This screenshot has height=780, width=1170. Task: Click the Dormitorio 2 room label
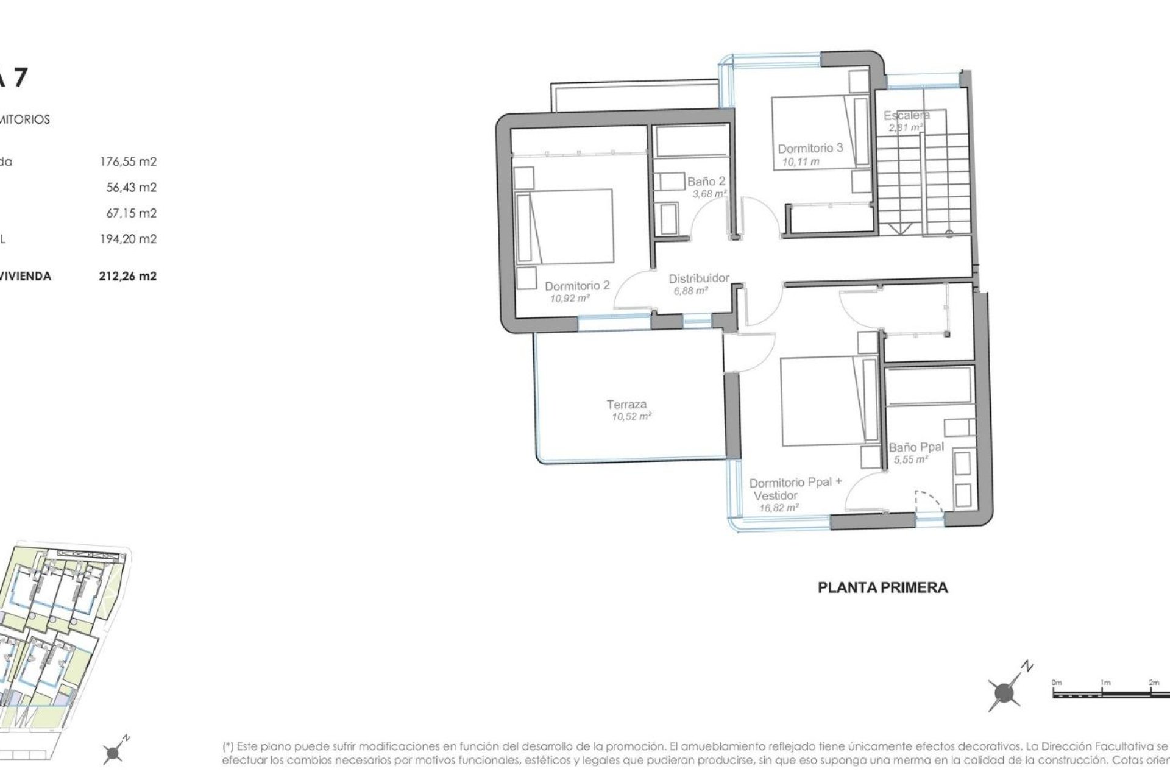pyautogui.click(x=576, y=286)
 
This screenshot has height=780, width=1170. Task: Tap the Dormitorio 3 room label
pyautogui.click(x=810, y=148)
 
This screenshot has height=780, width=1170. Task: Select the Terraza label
pyautogui.click(x=626, y=404)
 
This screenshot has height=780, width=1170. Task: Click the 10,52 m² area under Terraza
pyautogui.click(x=632, y=417)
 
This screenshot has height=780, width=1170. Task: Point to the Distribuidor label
pyautogui.click(x=698, y=278)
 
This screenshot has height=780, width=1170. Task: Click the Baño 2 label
pyautogui.click(x=706, y=182)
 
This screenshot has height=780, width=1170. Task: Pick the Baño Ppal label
pyautogui.click(x=916, y=447)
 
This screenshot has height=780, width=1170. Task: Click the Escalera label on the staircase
pyautogui.click(x=906, y=115)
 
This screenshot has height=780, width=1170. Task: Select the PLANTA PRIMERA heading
pyautogui.click(x=882, y=588)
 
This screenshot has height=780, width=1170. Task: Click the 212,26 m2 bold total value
pyautogui.click(x=127, y=276)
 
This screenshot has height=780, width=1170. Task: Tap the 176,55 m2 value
pyautogui.click(x=128, y=162)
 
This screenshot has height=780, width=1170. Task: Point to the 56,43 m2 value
pyautogui.click(x=131, y=188)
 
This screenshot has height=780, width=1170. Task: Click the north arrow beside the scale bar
pyautogui.click(x=1004, y=692)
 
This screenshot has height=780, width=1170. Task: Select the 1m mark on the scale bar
pyautogui.click(x=1105, y=682)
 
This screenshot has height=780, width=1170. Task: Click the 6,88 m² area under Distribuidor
pyautogui.click(x=690, y=291)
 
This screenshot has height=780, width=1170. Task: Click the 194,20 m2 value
pyautogui.click(x=128, y=239)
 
